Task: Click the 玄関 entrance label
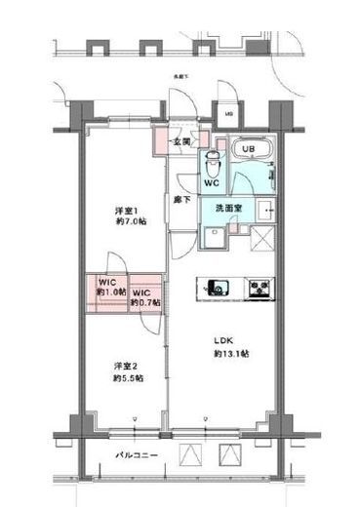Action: coord(181,142)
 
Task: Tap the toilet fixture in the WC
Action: coord(210,162)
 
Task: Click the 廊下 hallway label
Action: coord(182,199)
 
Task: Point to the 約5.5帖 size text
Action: coord(128,378)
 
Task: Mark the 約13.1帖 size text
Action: coord(231,353)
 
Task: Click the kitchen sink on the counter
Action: coord(216,288)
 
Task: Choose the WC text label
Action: coord(210,182)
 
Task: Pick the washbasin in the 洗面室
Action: coord(264,208)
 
